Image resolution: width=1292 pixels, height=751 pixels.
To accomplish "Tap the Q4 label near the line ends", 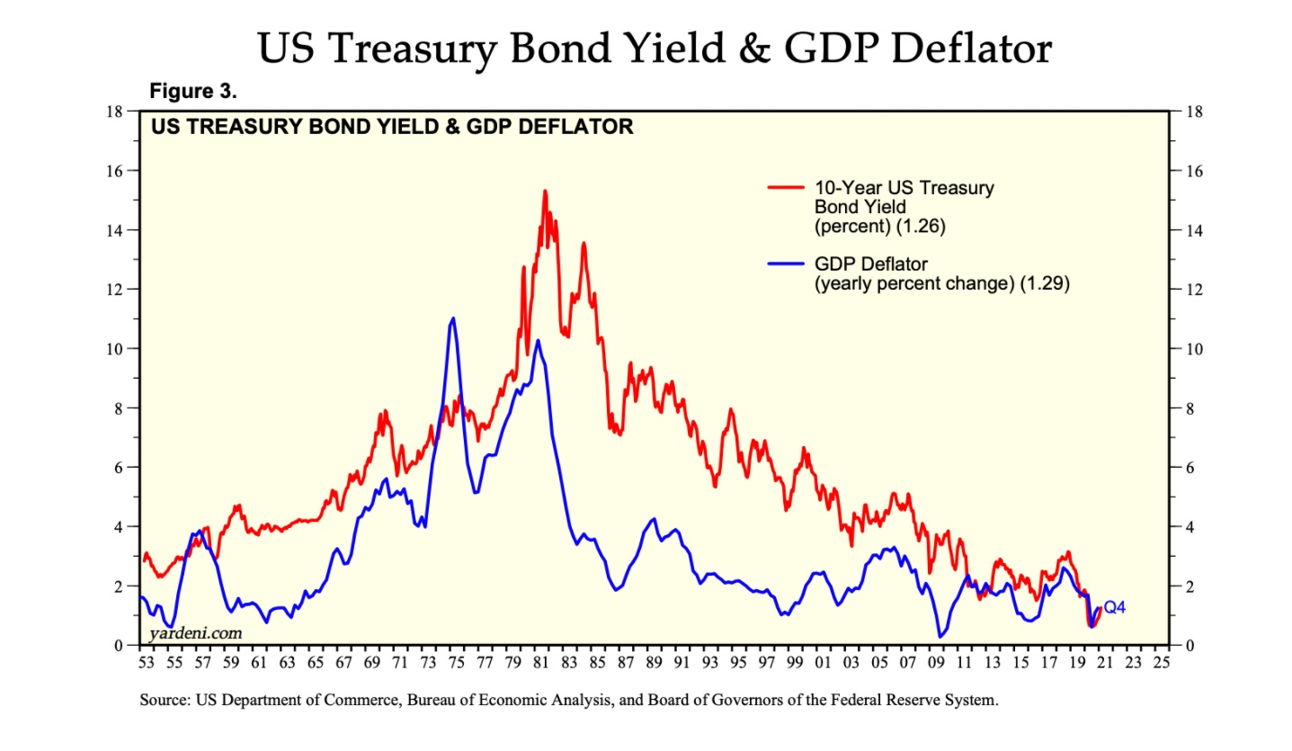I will coord(1114,608).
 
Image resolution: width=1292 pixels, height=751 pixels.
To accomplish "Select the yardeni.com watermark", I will coord(195,633).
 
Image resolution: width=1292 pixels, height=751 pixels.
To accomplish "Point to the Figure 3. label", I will coord(192,91).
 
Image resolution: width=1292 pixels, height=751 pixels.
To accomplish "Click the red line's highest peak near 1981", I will coord(545,191).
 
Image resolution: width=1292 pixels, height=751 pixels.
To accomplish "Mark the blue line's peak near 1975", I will coord(452,318).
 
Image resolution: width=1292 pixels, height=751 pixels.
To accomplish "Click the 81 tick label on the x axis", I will coord(540,664).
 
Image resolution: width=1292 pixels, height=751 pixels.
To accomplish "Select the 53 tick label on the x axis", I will coord(146,664).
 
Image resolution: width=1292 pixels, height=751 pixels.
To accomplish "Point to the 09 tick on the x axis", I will coord(936,664).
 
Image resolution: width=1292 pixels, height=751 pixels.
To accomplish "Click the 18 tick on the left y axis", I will coord(114,112).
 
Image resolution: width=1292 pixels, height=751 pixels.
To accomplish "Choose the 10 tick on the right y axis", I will coord(1192,349).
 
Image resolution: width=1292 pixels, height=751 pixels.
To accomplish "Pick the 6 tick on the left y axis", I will coord(118,468).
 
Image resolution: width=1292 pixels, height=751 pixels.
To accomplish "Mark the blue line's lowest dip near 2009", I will coord(940,637).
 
